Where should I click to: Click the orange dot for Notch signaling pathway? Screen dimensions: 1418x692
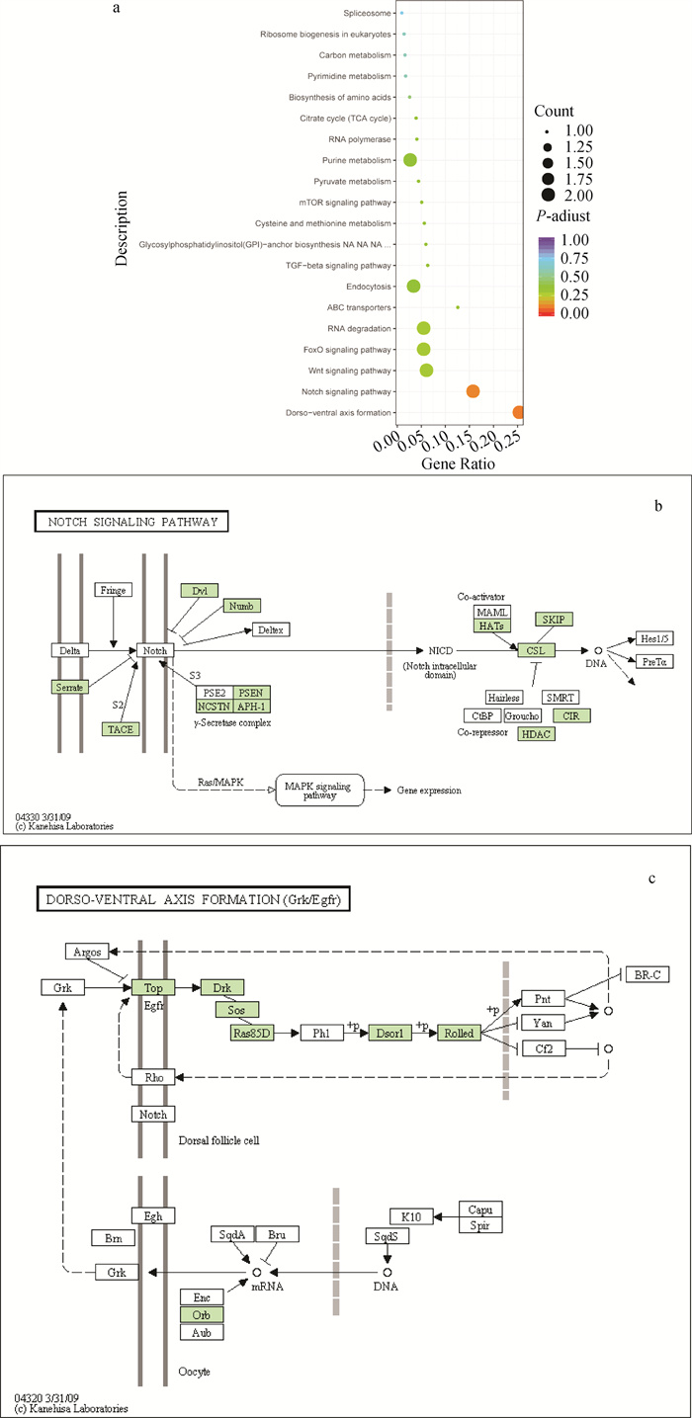coord(473,391)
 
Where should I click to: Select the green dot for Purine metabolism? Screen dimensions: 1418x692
coord(409,160)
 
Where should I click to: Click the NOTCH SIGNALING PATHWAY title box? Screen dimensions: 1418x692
coord(131,521)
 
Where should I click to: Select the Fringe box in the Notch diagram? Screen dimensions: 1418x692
coord(114,590)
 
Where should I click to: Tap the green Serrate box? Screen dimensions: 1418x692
coord(71,686)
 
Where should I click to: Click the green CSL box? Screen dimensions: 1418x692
coord(536,650)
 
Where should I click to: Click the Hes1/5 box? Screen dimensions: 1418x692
coord(654,637)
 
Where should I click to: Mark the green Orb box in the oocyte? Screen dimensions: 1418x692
coord(202,1314)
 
